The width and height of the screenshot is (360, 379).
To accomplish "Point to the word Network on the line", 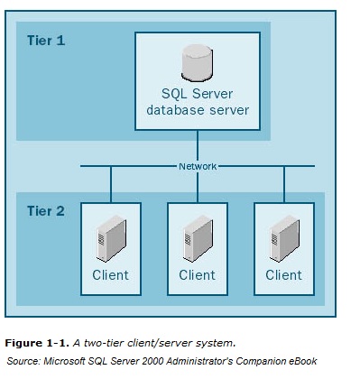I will tap(198, 165).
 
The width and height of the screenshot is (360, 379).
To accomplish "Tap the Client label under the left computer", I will tap(109, 274).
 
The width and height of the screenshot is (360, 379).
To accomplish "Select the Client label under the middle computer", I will tap(197, 274).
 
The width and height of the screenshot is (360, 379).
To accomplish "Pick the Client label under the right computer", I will tap(283, 274).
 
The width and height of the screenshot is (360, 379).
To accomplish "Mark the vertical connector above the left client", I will tap(110, 182).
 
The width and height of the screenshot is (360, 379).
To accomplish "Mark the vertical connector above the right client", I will tap(283, 182).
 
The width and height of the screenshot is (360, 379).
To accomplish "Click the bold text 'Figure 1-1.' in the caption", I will tap(33, 343).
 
